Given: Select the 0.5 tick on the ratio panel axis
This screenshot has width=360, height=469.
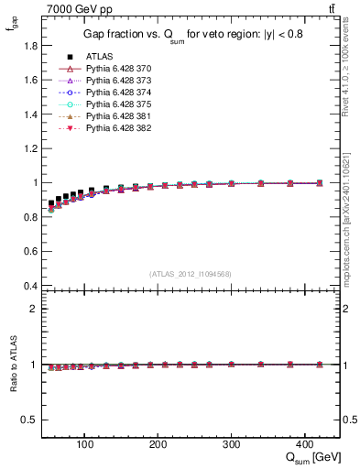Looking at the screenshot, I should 30,420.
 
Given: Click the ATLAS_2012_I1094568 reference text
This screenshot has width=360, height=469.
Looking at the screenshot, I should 191,274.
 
